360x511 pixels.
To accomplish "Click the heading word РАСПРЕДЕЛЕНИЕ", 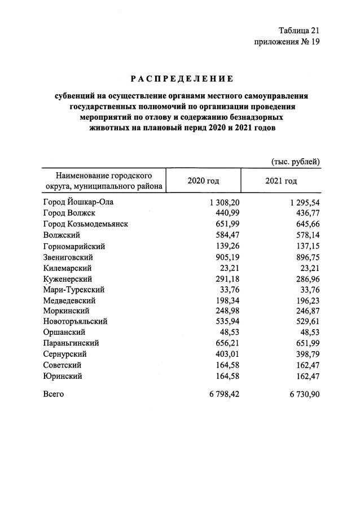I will (179, 78).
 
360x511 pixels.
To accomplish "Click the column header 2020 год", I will (203, 181).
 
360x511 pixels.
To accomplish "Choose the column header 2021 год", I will (281, 181).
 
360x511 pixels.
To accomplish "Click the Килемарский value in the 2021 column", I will (309, 268).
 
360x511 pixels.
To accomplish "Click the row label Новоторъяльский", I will (74, 322).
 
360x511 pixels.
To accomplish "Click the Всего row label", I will (53, 394).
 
